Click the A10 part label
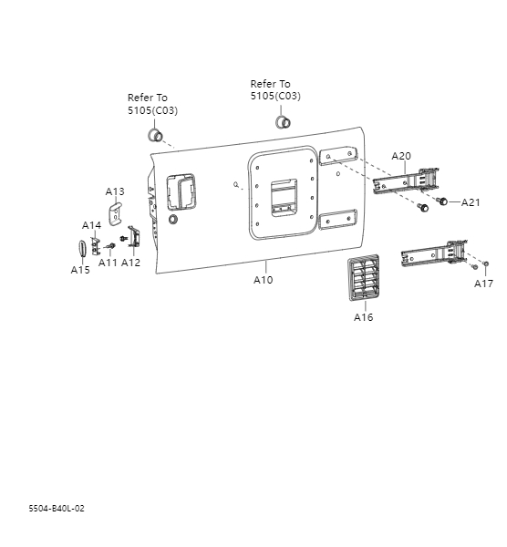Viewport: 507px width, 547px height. click(263, 280)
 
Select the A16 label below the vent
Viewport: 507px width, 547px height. click(363, 317)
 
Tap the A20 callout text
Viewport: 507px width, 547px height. click(401, 156)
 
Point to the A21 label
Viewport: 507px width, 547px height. click(471, 202)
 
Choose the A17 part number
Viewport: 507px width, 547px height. click(483, 284)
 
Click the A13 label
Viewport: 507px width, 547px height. click(115, 191)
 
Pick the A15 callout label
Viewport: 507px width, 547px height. click(80, 270)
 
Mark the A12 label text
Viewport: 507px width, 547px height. click(130, 263)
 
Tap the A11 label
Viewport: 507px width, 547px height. click(108, 263)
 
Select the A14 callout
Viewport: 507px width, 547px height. click(91, 225)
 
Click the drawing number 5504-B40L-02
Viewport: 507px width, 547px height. click(57, 508)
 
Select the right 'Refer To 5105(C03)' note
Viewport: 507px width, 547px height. click(275, 89)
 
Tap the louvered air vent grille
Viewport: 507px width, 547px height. click(363, 279)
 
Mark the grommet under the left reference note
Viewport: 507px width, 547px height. click(154, 137)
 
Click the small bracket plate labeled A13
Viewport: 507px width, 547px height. click(116, 213)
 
